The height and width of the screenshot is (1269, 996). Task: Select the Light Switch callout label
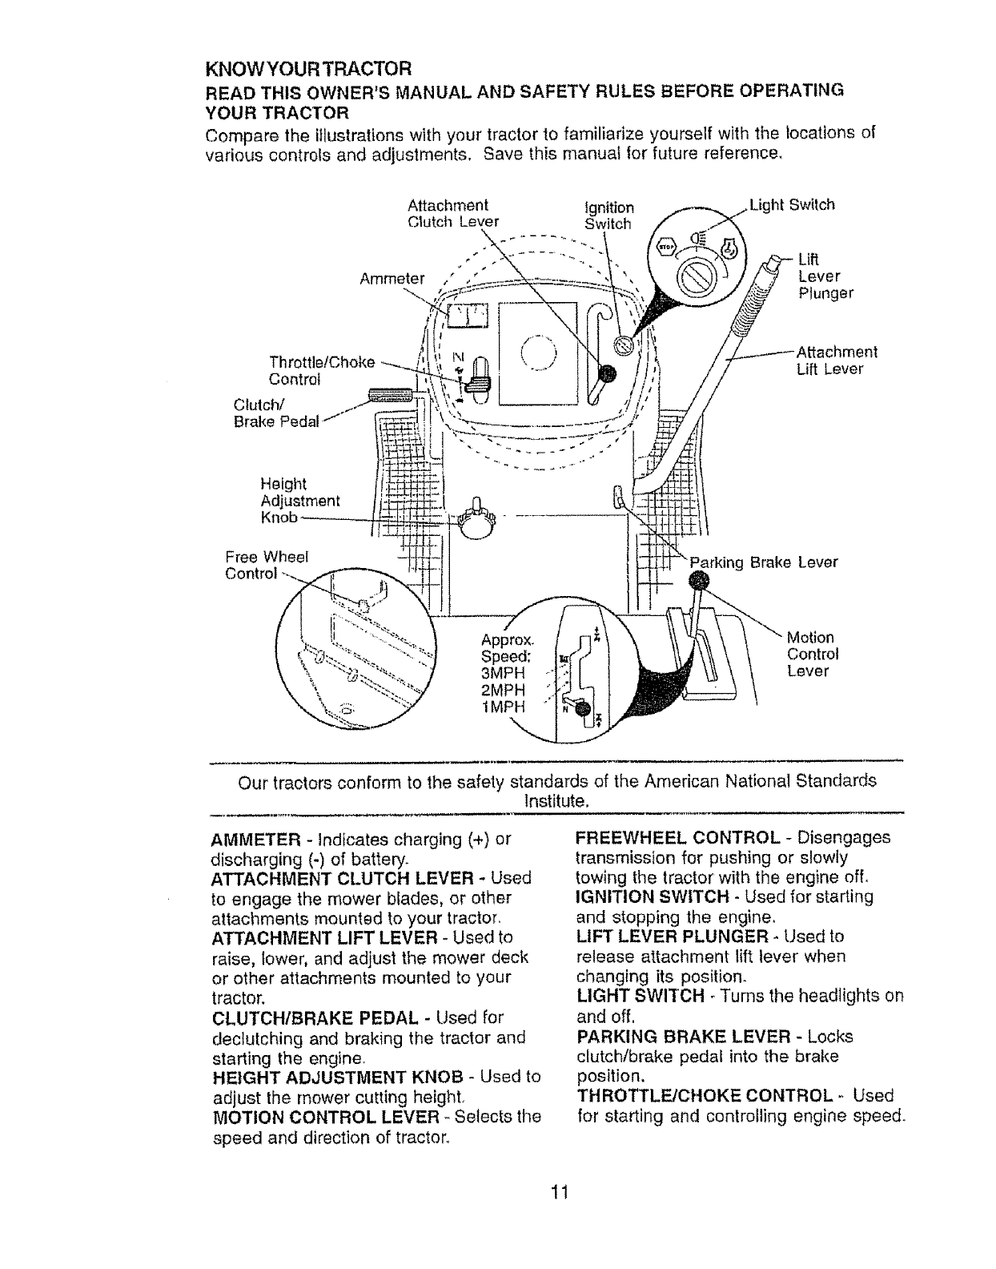(792, 204)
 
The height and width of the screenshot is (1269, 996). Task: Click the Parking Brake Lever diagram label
(764, 562)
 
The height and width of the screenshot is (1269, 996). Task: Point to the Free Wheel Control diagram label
(261, 565)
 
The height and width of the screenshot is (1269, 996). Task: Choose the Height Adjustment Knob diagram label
(300, 501)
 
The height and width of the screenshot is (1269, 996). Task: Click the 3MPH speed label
(503, 674)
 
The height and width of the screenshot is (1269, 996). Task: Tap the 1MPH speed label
(503, 706)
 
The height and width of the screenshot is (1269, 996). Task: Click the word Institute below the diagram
(557, 800)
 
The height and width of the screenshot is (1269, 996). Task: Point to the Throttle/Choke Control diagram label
(322, 369)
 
